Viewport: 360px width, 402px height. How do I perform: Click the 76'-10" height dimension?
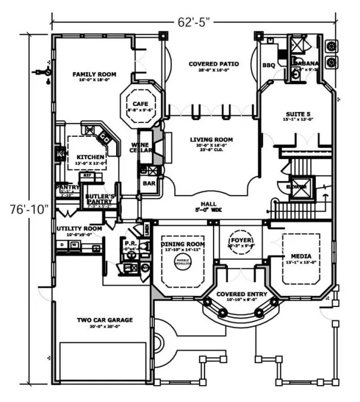pyautogui.click(x=22, y=209)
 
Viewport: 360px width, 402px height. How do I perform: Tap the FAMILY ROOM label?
pyautogui.click(x=94, y=74)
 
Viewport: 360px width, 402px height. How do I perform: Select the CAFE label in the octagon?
pyautogui.click(x=140, y=104)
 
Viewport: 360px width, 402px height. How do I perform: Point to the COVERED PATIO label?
pyautogui.click(x=213, y=64)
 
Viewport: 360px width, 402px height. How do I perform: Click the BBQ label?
pyautogui.click(x=268, y=65)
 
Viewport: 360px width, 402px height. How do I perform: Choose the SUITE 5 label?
pyautogui.click(x=298, y=113)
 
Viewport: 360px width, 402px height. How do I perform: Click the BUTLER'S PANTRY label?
pyautogui.click(x=100, y=200)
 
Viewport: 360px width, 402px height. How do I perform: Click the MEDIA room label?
pyautogui.click(x=301, y=256)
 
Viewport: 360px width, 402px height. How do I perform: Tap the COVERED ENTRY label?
pyautogui.click(x=241, y=294)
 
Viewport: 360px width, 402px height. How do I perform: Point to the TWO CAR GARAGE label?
pyautogui.click(x=104, y=320)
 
